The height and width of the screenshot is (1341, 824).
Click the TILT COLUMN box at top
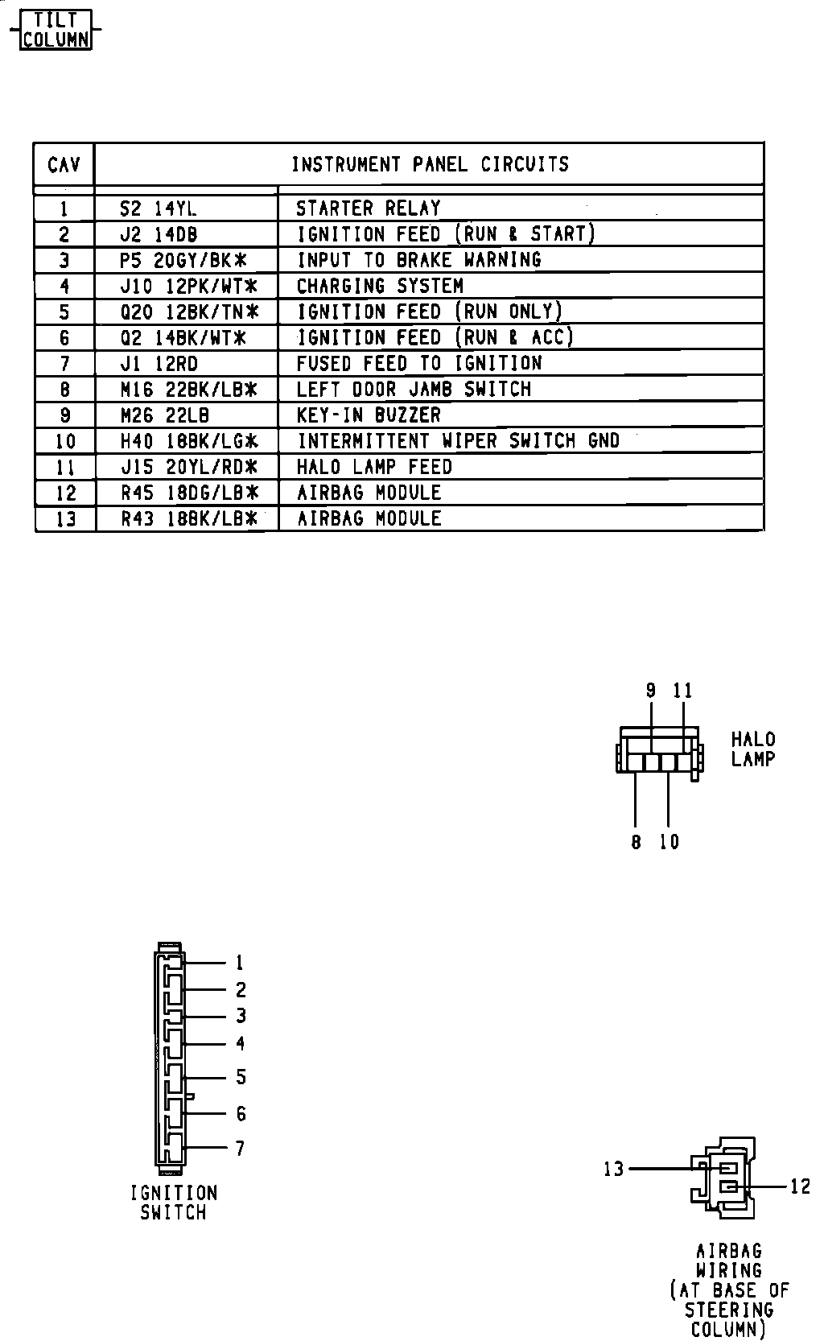(56, 29)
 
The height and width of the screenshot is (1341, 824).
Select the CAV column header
(64, 164)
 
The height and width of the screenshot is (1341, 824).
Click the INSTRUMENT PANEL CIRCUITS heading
(430, 164)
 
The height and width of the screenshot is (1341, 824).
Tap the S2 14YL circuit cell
(158, 208)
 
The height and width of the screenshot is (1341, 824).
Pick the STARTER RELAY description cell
(369, 208)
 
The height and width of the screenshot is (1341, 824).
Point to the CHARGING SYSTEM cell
(380, 286)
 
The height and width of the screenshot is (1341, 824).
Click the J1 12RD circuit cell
(159, 363)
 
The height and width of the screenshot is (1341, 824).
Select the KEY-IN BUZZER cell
(369, 415)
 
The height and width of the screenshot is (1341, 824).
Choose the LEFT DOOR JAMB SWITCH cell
(414, 390)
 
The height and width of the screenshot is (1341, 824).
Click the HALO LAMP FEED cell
(374, 467)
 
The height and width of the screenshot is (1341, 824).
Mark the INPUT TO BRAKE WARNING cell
(418, 260)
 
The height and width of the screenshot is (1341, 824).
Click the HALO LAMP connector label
(753, 749)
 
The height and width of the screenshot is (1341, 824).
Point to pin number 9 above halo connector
(651, 691)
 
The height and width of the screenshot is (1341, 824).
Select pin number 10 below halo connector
(669, 842)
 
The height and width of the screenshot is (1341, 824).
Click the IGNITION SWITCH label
(174, 1203)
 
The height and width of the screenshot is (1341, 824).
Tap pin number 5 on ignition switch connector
(241, 1077)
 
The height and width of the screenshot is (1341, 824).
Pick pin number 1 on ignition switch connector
(239, 963)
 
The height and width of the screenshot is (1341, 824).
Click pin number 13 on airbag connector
(614, 1168)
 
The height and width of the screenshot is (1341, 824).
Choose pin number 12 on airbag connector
(800, 1186)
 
